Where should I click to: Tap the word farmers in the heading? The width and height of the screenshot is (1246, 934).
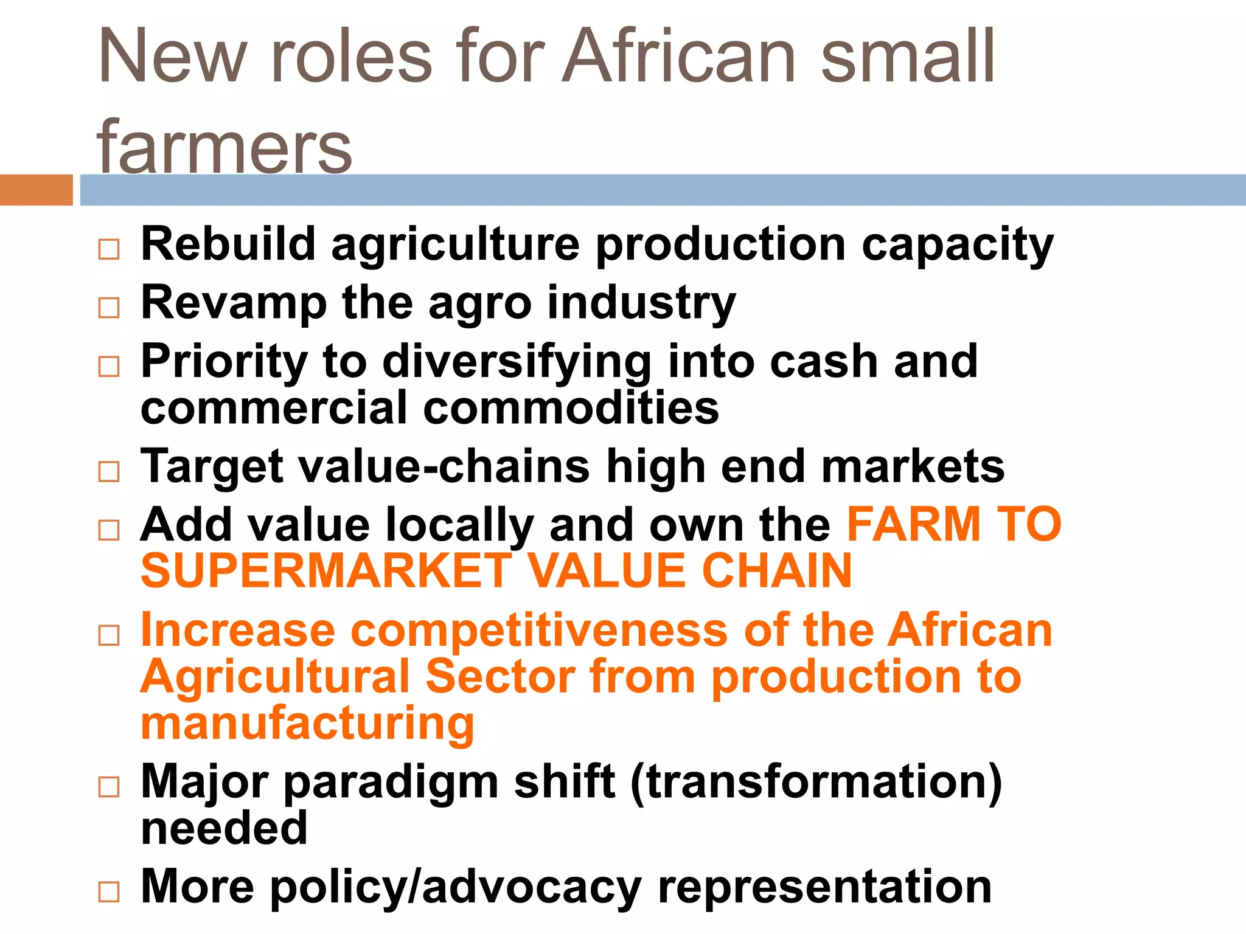click(x=224, y=146)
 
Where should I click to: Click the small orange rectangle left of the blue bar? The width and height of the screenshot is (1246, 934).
click(x=36, y=190)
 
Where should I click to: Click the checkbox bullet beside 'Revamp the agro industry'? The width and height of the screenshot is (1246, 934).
click(x=109, y=308)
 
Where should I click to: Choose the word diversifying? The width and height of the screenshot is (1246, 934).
click(x=517, y=362)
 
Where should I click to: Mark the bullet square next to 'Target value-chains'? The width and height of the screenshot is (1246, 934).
click(x=109, y=472)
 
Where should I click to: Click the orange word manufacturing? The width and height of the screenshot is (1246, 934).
click(x=307, y=723)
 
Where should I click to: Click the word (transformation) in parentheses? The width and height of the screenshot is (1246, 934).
click(x=816, y=782)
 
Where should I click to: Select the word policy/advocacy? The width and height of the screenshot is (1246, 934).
click(x=456, y=887)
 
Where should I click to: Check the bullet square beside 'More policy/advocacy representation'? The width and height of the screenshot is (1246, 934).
click(x=109, y=892)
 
